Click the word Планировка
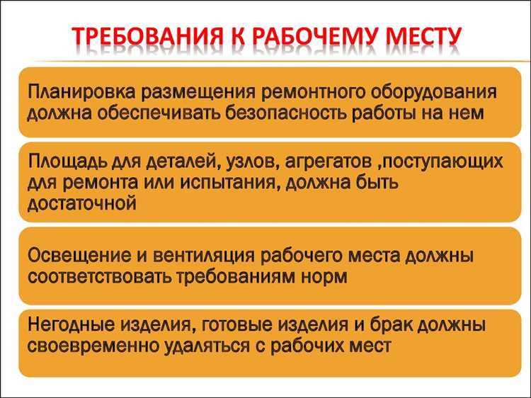coord(82,93)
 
